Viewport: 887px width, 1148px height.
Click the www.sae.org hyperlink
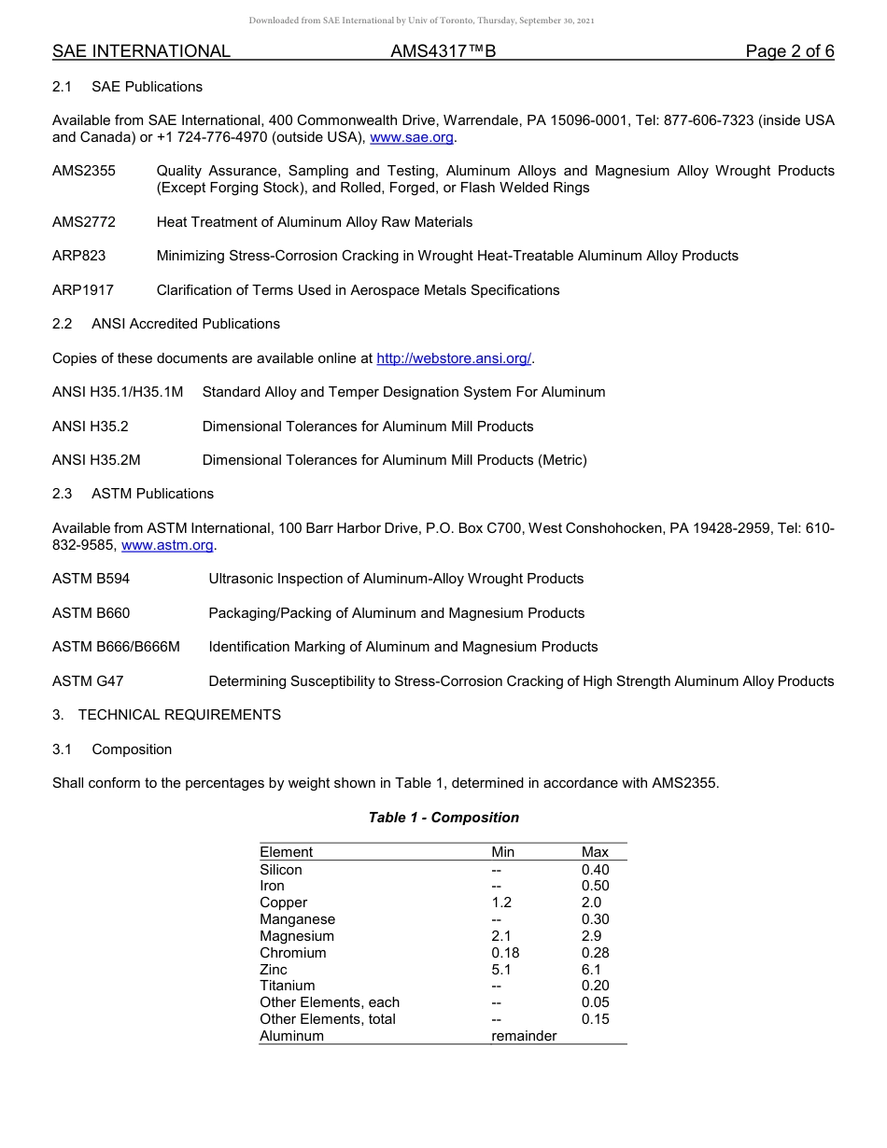(x=412, y=137)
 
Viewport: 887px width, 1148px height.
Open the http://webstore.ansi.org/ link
(x=453, y=358)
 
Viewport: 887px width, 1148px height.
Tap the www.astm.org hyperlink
(x=168, y=545)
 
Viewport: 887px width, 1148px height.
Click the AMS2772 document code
(x=78, y=222)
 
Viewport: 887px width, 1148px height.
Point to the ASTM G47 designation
(x=87, y=681)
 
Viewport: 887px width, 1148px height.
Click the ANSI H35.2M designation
(x=96, y=460)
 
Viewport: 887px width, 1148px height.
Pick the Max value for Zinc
(x=591, y=970)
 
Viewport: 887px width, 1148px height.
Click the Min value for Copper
(x=501, y=903)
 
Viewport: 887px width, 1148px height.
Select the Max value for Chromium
(x=595, y=953)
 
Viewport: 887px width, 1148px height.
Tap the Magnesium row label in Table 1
(x=296, y=936)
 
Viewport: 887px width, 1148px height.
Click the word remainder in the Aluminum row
(x=524, y=1036)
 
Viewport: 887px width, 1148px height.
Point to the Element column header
(x=286, y=852)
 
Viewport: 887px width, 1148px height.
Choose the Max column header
(x=595, y=852)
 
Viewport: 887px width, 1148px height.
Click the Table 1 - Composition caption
(x=443, y=818)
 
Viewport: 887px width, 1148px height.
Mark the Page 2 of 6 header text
(x=789, y=51)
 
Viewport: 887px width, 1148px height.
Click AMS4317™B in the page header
(x=443, y=51)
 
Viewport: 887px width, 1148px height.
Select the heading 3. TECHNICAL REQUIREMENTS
(x=166, y=715)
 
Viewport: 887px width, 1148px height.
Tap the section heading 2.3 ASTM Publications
(x=133, y=494)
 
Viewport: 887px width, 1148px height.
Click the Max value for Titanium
(x=595, y=986)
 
